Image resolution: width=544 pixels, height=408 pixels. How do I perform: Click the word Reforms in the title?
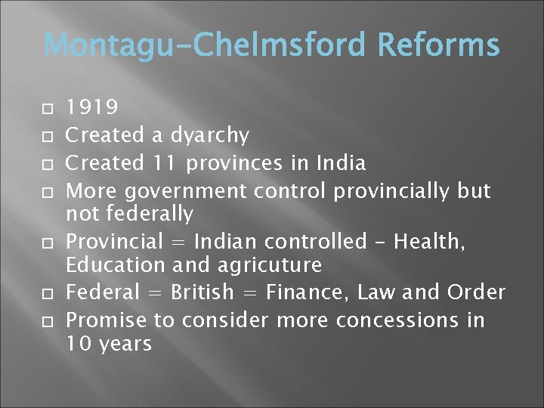438,45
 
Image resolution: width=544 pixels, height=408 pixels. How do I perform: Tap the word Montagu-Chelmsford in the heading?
204,45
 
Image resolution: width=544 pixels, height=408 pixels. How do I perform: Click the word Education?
116,265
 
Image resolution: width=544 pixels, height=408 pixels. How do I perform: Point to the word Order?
476,292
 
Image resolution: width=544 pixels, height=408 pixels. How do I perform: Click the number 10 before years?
78,344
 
